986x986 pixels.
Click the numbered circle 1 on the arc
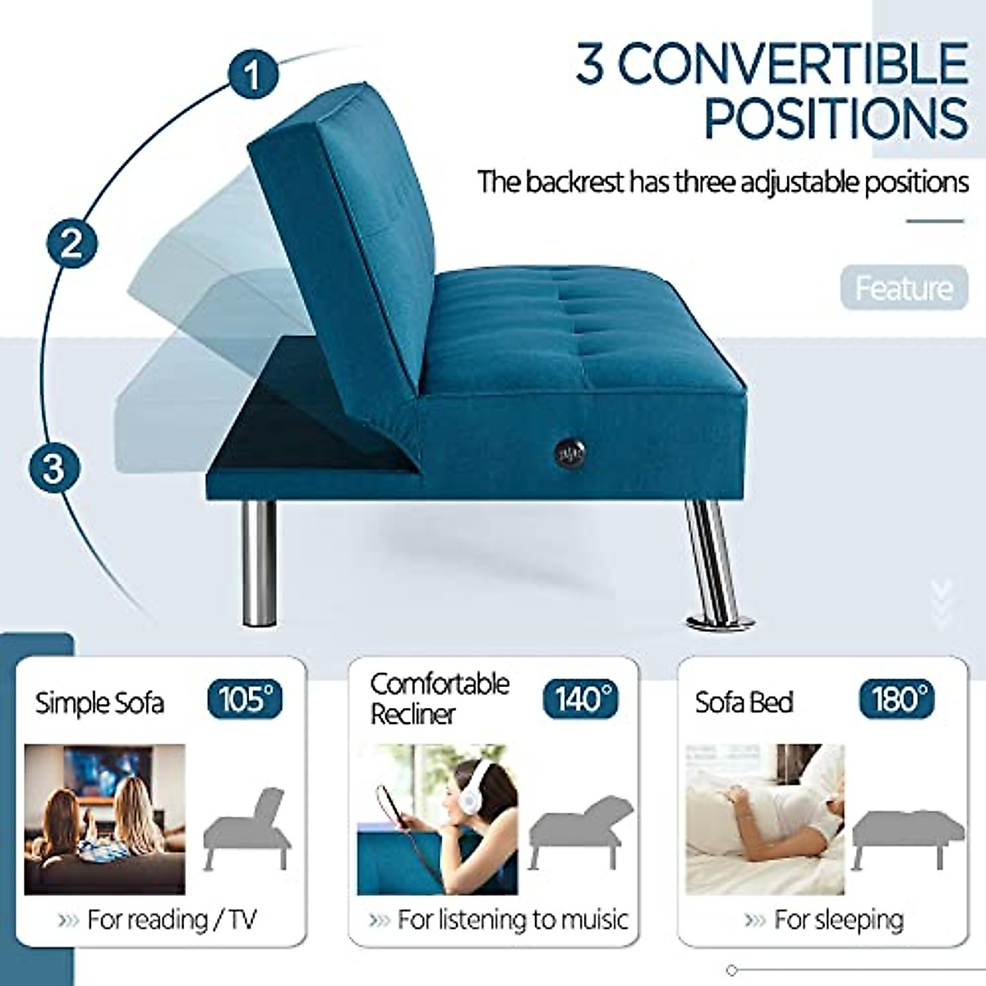[x=253, y=75]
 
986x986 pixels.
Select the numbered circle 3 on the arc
[x=53, y=467]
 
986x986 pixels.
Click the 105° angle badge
[x=245, y=699]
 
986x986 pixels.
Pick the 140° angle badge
[x=581, y=699]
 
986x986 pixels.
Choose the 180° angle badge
[x=897, y=699]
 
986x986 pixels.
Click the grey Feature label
[x=904, y=288]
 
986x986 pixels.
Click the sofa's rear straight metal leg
[x=259, y=563]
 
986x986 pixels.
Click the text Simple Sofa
[x=99, y=703]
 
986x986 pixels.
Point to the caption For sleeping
[x=838, y=919]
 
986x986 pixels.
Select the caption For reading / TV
[x=171, y=919]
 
